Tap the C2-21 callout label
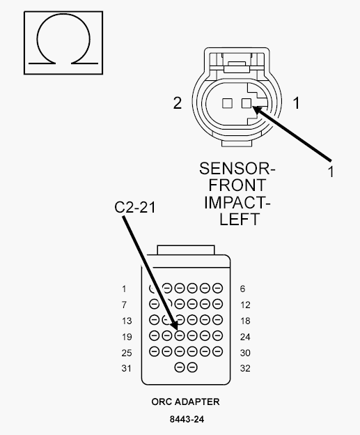click(135, 207)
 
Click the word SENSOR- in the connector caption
click(237, 169)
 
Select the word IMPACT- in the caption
click(237, 203)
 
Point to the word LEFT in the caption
click(240, 220)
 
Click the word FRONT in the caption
click(237, 185)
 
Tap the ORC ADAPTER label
click(185, 402)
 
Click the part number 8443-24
click(187, 419)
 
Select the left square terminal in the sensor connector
click(227, 103)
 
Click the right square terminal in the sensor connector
click(246, 103)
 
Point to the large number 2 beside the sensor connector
click(178, 103)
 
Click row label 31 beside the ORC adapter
click(126, 368)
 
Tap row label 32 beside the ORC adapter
click(245, 368)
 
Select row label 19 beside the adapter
click(127, 337)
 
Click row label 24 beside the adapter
click(245, 337)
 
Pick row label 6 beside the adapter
click(242, 289)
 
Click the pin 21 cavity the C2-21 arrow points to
click(180, 336)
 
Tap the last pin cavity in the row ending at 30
click(217, 351)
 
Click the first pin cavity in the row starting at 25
click(154, 351)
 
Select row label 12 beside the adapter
click(245, 305)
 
